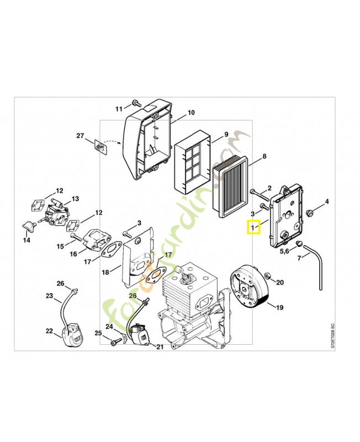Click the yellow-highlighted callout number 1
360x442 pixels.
tap(253, 227)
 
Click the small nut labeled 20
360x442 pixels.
tap(267, 276)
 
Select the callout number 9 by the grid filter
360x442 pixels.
tap(225, 135)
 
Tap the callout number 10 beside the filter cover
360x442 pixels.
tap(190, 113)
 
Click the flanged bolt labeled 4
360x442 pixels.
tap(309, 212)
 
